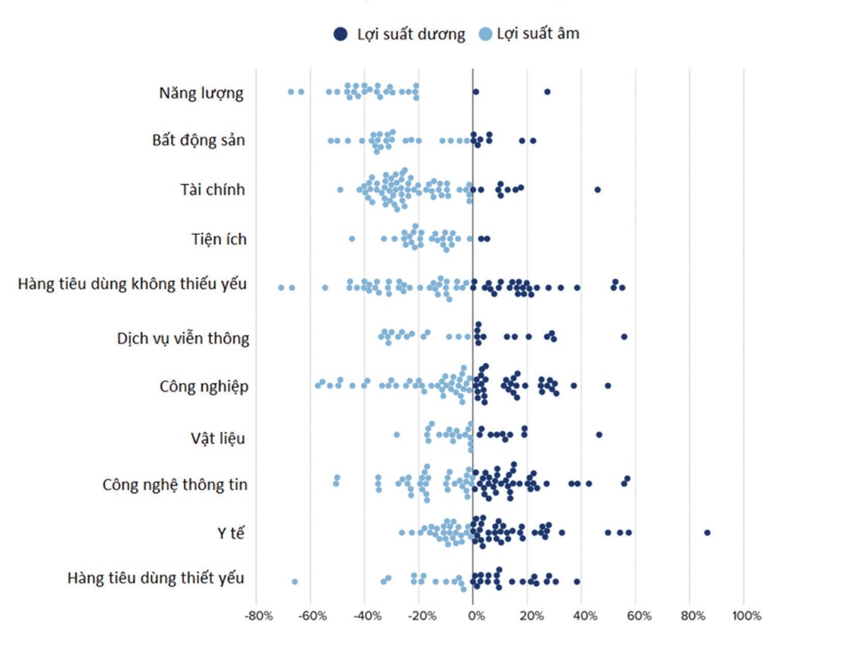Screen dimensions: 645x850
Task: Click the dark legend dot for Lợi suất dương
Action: (341, 34)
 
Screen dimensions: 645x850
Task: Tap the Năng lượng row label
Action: (201, 93)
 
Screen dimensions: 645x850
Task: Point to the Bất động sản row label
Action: (198, 140)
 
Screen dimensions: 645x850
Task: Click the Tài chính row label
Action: (212, 190)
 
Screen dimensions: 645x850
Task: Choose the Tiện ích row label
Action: (219, 239)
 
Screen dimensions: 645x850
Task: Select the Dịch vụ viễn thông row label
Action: (183, 338)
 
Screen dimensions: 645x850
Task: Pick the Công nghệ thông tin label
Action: (175, 485)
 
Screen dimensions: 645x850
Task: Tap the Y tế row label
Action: (230, 533)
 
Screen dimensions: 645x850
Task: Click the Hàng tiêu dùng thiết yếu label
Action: (156, 578)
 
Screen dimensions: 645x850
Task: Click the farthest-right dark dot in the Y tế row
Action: (707, 532)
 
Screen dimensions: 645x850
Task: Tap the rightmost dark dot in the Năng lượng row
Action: (547, 91)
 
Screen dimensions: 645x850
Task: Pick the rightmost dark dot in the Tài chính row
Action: (597, 189)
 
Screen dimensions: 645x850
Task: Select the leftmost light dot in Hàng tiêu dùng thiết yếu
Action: (295, 581)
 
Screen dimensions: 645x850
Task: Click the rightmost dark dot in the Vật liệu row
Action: (599, 434)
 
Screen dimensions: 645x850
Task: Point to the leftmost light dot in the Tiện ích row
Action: (352, 239)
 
